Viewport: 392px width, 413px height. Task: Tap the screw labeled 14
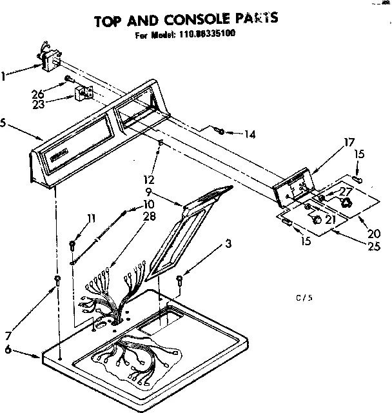click(221, 132)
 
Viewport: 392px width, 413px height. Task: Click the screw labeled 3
click(179, 279)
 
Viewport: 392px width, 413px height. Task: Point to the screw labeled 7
click(59, 279)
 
